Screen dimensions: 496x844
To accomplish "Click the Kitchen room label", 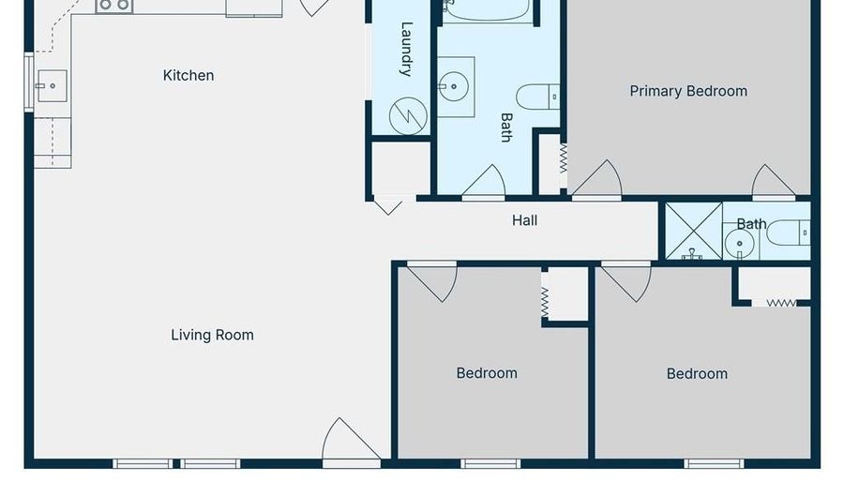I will (188, 75).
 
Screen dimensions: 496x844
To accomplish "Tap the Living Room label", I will (212, 335).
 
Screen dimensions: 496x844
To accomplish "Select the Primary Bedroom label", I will (688, 91).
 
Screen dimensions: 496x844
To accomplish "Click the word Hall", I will (524, 220).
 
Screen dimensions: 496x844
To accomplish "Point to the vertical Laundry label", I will (407, 49).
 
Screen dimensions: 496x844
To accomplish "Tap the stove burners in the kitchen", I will (114, 6).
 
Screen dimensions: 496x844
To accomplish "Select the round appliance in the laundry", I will (408, 115).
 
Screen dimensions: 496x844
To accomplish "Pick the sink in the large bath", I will (455, 87).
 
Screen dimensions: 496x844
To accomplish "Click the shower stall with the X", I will (694, 231).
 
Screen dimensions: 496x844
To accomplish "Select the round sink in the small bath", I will (740, 243).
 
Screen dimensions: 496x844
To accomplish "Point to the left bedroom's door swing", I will (432, 280).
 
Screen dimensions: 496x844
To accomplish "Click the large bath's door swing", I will (485, 182).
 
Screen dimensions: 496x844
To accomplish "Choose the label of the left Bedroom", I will (487, 373).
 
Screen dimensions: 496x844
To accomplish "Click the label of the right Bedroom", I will (697, 373).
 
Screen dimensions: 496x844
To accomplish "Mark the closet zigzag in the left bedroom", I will (545, 300).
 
